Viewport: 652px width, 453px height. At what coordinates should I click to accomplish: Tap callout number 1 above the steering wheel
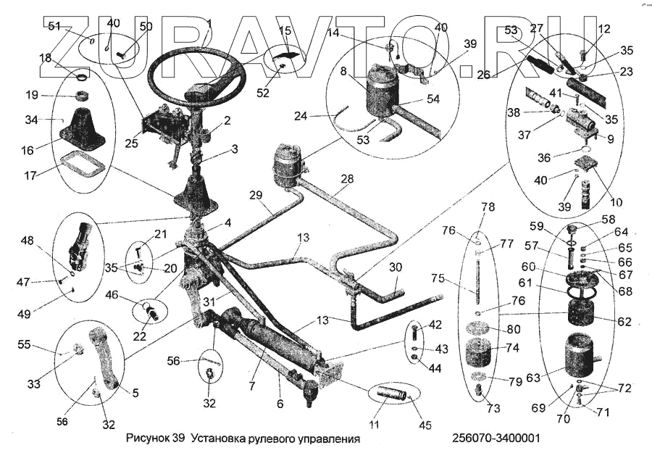pyautogui.click(x=209, y=22)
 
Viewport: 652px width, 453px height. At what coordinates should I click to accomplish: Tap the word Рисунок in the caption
pyautogui.click(x=148, y=439)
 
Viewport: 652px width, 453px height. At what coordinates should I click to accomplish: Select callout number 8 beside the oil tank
pyautogui.click(x=343, y=72)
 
